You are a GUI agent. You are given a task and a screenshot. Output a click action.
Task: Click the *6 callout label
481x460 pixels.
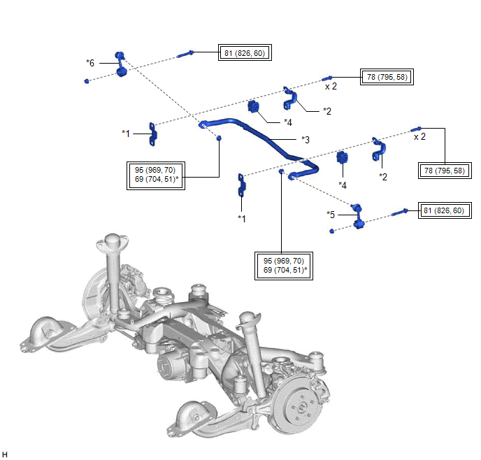pos(90,62)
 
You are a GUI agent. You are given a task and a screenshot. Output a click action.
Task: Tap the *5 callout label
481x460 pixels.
pos(331,214)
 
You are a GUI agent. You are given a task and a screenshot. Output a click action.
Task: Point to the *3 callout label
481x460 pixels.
pos(305,139)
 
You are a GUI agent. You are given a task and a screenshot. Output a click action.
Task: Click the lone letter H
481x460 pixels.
pos(6,454)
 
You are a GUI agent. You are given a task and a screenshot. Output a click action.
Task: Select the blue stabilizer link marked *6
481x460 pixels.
pos(120,64)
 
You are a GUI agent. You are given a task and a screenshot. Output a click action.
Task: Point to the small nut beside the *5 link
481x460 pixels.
pos(331,231)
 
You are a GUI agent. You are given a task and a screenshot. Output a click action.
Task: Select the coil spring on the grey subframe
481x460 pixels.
pos(163,297)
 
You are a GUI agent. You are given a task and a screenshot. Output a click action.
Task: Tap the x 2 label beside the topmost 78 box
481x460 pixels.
pos(331,87)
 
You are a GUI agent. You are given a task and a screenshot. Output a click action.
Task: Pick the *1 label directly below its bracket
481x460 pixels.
pos(241,219)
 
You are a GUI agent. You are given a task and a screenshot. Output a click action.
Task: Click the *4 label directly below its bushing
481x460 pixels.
pos(343,185)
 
